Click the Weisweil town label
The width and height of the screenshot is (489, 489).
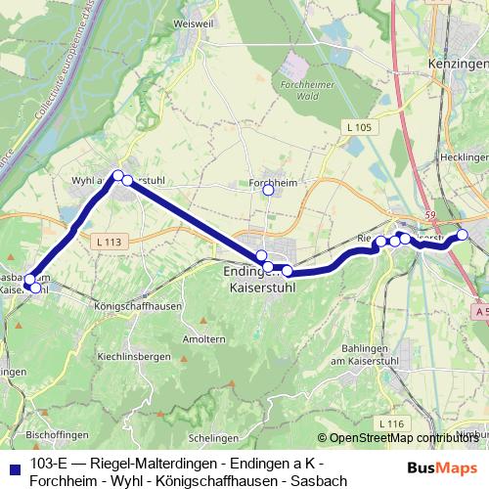point(185,21)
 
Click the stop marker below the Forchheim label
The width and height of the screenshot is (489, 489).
point(268,190)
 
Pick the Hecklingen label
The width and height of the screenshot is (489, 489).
point(464,156)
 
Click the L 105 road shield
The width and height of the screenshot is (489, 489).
point(359,129)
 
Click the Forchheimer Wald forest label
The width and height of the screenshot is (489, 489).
point(300,89)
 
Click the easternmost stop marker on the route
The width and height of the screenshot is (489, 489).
point(464,235)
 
